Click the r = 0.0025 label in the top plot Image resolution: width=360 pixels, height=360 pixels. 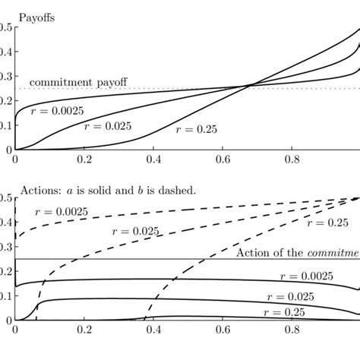point(56,110)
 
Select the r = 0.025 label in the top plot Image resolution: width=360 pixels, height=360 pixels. point(107,125)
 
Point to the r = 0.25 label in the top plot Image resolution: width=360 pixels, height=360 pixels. point(196,129)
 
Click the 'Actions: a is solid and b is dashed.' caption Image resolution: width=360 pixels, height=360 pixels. point(108,189)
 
